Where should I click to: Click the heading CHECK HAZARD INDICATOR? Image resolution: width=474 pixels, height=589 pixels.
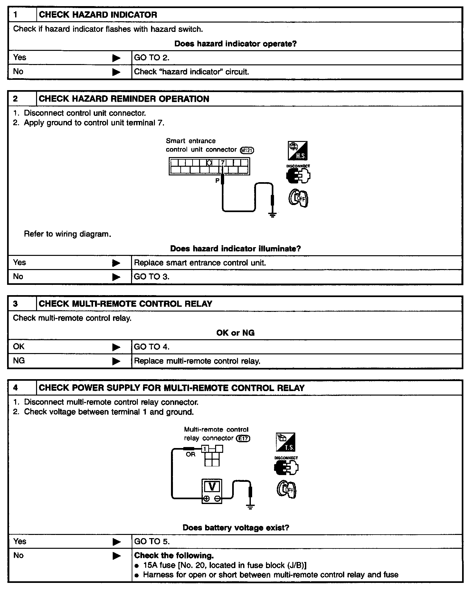98,15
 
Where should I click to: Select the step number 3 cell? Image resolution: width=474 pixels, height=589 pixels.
15,304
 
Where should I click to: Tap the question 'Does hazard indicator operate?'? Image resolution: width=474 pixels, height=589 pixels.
235,44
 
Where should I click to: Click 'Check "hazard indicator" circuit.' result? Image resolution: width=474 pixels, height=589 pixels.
192,72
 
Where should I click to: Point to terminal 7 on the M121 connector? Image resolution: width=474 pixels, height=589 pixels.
223,163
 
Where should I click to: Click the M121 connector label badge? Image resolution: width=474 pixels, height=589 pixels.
247,150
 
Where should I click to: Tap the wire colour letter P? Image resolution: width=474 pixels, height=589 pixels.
217,181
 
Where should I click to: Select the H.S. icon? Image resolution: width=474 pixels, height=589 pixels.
297,151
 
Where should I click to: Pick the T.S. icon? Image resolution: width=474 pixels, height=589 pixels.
285,442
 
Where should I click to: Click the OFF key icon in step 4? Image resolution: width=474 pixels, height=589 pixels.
286,490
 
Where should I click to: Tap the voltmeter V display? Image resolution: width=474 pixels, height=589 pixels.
212,486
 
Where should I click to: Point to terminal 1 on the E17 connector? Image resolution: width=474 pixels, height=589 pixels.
205,449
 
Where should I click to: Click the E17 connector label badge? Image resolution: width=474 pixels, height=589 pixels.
243,438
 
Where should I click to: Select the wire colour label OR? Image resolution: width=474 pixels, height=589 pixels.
191,454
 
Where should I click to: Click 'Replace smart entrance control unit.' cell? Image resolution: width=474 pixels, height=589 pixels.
200,263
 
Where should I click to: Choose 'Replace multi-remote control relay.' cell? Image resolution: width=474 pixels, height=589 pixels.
197,361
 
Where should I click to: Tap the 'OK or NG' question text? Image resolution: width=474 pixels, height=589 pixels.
235,333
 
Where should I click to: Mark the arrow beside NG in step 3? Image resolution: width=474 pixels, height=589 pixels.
116,361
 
